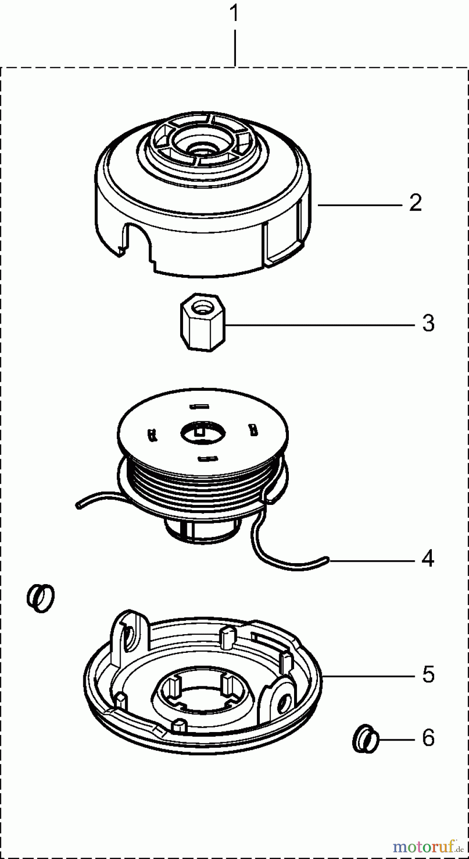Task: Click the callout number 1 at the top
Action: [x=234, y=14]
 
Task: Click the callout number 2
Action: [x=415, y=203]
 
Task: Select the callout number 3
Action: [x=428, y=324]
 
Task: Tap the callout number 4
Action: [x=428, y=558]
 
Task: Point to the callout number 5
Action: [x=428, y=675]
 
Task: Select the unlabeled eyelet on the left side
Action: [x=41, y=597]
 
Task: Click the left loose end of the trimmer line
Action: [x=78, y=504]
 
